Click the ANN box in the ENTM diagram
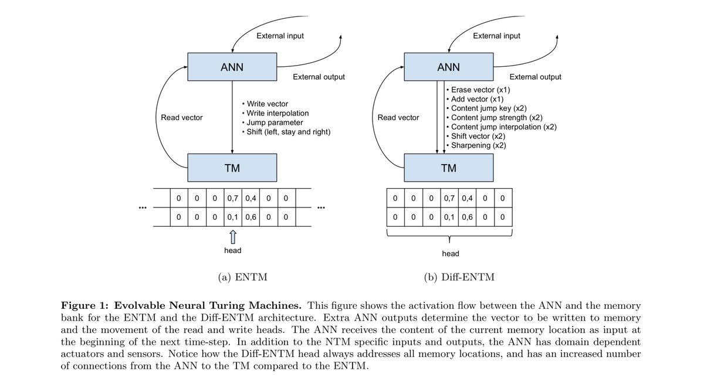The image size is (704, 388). [x=232, y=67]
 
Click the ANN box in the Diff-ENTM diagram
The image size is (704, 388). [x=448, y=67]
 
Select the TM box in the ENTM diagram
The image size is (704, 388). [x=232, y=168]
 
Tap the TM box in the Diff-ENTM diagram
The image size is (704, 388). [x=448, y=168]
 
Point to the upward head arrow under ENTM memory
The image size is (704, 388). [x=233, y=237]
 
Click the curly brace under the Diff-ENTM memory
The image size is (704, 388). [x=449, y=237]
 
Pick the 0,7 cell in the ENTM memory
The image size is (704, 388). [x=232, y=199]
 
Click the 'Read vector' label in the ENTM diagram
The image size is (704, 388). [x=182, y=118]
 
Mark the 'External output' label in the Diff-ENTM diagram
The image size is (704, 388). [x=535, y=77]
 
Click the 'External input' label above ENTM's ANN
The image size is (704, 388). [x=280, y=36]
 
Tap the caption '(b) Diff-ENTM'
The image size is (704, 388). [x=459, y=277]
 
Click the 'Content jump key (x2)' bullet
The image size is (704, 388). [x=489, y=108]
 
